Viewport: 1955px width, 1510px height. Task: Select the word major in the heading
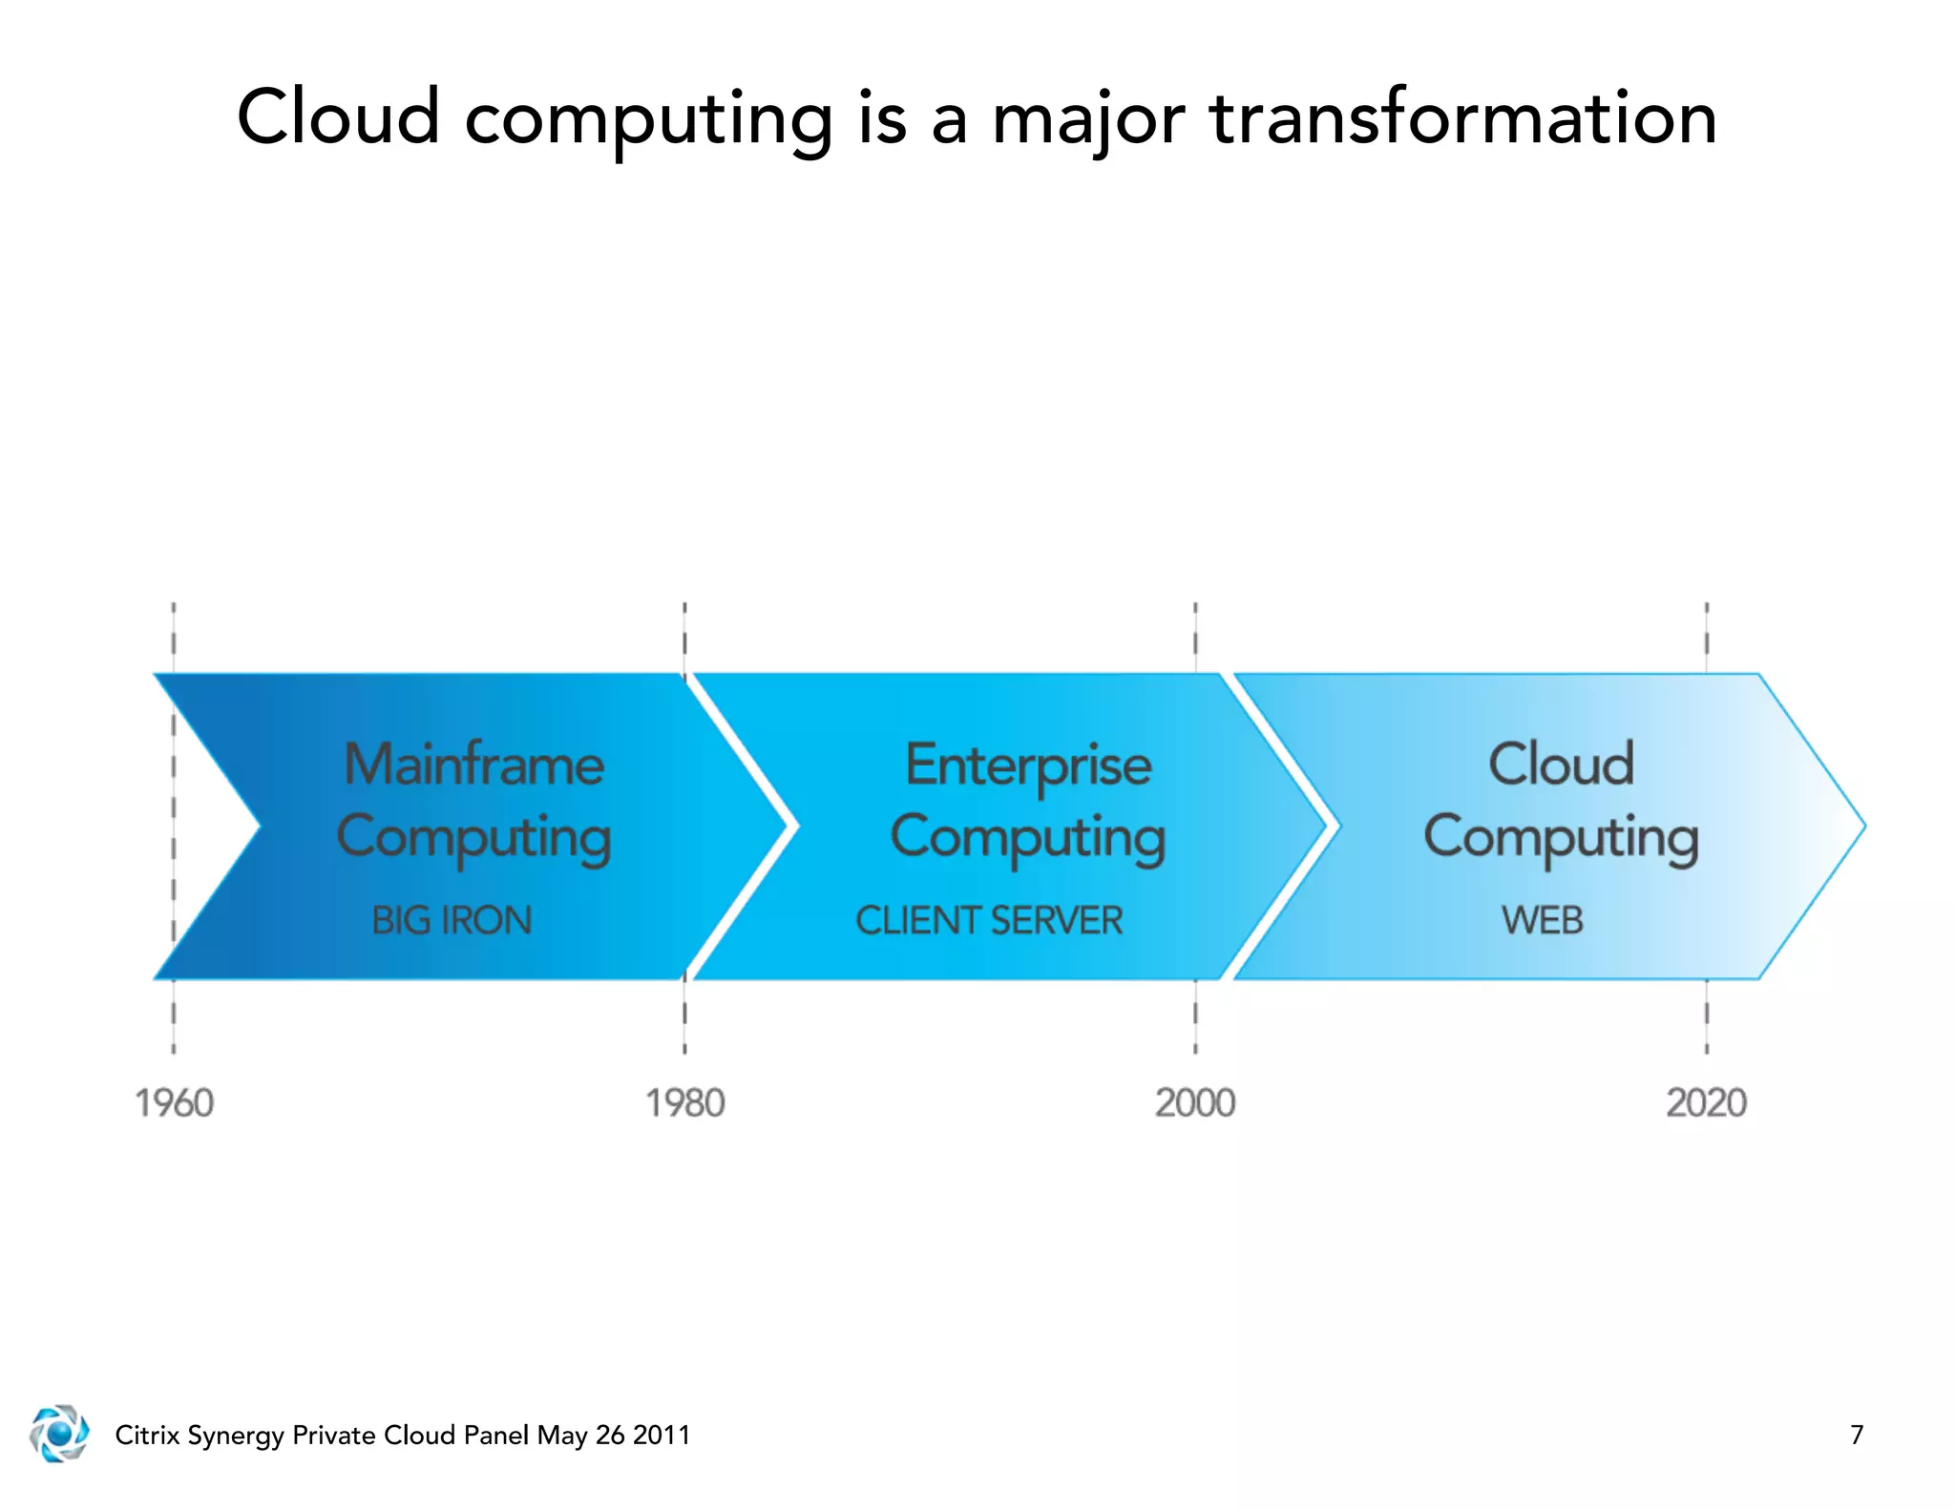click(1088, 118)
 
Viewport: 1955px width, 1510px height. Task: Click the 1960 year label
click(174, 1103)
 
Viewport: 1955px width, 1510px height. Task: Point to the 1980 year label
click(685, 1103)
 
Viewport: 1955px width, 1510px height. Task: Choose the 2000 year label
click(1195, 1103)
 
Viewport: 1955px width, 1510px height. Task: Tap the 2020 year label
click(1706, 1103)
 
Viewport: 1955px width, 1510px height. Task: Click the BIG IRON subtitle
click(452, 920)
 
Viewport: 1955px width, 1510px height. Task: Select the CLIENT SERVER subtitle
click(989, 920)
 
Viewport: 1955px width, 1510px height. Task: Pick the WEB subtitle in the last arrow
click(1542, 920)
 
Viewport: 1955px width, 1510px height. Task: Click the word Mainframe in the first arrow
click(473, 765)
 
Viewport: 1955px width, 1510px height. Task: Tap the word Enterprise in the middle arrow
click(1028, 765)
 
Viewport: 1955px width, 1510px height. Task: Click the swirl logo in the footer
click(59, 1434)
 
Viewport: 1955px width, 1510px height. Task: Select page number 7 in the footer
click(1856, 1435)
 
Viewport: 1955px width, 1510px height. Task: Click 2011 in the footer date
click(662, 1435)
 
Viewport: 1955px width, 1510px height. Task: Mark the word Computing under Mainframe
click(473, 838)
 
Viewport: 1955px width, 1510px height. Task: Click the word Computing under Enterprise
click(1028, 838)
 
